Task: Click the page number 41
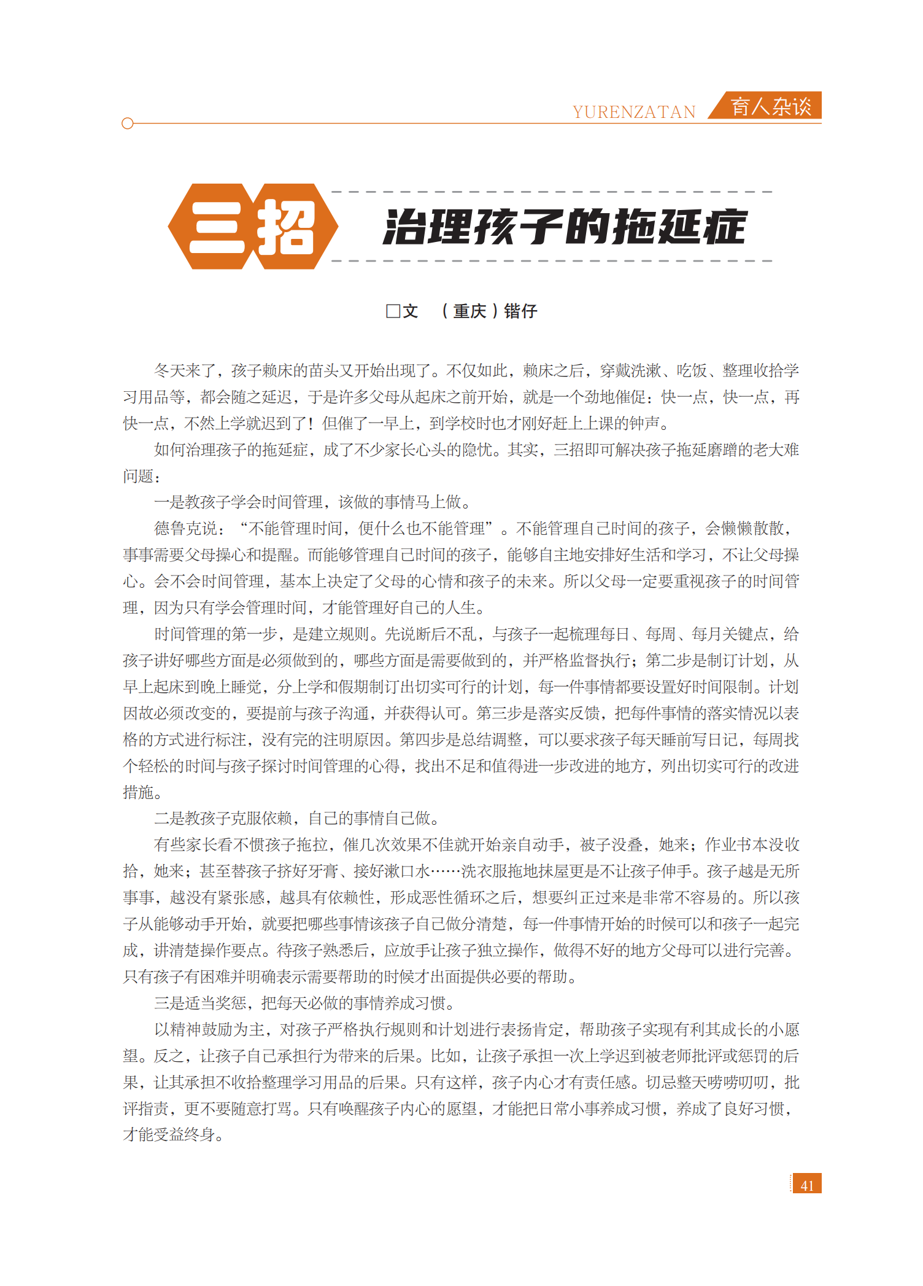tap(807, 1185)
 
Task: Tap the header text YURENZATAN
tap(634, 112)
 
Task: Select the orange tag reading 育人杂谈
tap(771, 106)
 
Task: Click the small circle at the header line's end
tap(128, 123)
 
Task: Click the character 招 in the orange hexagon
tap(286, 227)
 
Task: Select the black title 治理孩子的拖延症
tap(564, 227)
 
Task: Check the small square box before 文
tap(393, 311)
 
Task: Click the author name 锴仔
tap(520, 311)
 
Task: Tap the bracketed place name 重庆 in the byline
tap(469, 311)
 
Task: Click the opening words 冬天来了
tap(185, 370)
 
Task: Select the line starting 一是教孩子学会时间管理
tap(312, 502)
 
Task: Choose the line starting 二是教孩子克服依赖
tap(296, 818)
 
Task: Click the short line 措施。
tap(142, 792)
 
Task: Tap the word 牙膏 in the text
tap(323, 871)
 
